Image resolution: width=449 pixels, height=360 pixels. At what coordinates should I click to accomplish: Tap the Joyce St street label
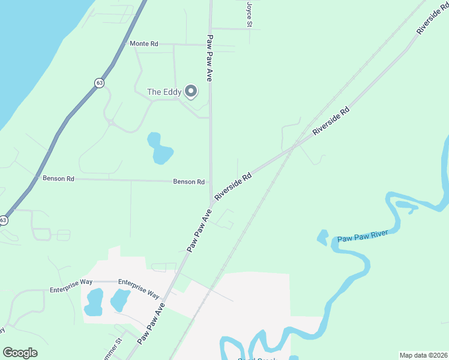249,13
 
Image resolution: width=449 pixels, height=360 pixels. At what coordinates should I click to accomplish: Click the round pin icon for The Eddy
191,91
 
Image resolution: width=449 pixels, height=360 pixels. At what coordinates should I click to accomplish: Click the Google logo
20,352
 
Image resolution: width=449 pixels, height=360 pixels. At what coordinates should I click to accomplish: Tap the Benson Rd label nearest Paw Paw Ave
189,182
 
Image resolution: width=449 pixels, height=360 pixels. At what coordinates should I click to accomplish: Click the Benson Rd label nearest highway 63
58,178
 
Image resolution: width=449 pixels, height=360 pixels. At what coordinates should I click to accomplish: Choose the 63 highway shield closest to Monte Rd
98,82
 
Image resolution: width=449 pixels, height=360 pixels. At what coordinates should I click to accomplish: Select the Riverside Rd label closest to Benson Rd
233,187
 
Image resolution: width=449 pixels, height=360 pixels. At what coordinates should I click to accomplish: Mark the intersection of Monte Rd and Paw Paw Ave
210,44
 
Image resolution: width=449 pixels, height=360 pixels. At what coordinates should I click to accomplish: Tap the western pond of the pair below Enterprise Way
94,301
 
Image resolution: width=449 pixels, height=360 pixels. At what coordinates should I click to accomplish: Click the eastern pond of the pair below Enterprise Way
119,299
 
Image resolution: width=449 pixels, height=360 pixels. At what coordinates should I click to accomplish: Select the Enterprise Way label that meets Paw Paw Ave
139,289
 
